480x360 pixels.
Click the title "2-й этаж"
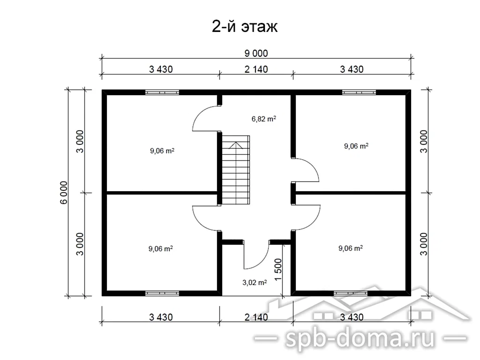tap(245, 27)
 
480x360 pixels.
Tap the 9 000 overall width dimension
tap(256, 53)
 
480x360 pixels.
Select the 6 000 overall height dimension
tap(64, 193)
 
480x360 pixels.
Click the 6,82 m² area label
tap(263, 119)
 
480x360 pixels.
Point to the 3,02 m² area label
tap(255, 283)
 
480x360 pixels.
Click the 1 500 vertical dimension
tap(278, 270)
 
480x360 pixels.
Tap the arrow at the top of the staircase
tap(236, 145)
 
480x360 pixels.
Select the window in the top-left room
tap(162, 92)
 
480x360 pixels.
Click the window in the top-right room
tap(359, 92)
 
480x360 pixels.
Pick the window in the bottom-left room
tap(162, 293)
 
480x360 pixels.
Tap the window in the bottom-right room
tap(351, 293)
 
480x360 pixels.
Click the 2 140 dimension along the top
tap(256, 69)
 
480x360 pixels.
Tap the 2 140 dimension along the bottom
tap(256, 317)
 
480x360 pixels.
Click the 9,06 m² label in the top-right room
tap(356, 146)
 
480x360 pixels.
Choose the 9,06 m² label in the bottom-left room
tap(161, 248)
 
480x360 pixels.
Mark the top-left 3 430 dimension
tap(161, 69)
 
